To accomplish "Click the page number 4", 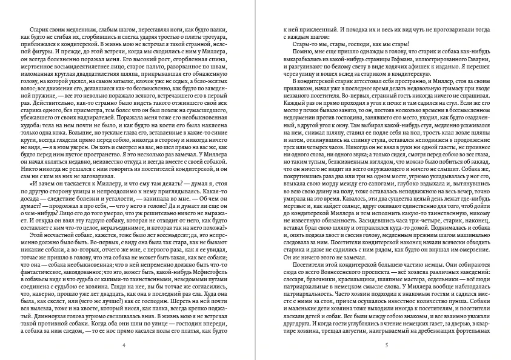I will click(x=124, y=345).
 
